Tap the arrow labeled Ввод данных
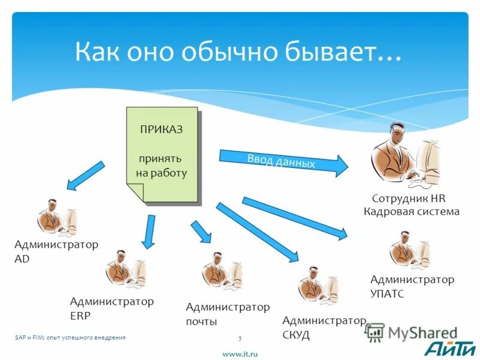click(283, 161)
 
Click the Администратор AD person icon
click(57, 217)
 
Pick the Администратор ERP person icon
click(125, 270)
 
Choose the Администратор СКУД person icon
click(317, 286)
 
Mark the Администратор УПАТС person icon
click(409, 250)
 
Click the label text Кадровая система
click(412, 211)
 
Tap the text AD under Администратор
click(22, 259)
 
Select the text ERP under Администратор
click(80, 316)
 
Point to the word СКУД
click(296, 335)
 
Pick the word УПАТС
click(387, 294)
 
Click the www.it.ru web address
click(240, 354)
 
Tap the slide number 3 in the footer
click(239, 338)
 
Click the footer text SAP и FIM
click(28, 338)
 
